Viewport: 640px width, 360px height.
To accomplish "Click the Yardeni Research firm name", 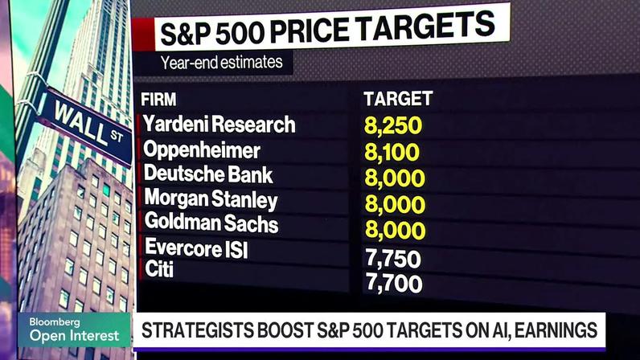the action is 219,124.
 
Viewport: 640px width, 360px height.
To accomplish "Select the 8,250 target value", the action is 393,125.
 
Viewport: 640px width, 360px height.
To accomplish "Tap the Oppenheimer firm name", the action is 202,149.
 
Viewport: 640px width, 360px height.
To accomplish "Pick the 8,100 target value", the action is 392,152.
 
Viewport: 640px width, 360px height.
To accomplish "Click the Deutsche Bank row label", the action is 208,174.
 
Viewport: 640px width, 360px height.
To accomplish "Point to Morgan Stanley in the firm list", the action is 211,199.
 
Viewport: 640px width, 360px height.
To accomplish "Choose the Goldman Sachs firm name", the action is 211,223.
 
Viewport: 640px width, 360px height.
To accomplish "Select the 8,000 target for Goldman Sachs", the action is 395,230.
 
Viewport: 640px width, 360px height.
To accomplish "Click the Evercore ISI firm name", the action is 196,247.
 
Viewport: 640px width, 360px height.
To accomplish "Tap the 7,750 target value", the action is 393,259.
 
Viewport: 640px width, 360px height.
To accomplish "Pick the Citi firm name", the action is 159,269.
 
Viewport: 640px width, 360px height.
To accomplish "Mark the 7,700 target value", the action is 394,284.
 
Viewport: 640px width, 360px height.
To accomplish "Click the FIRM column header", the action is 158,100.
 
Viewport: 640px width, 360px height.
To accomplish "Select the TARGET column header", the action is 398,99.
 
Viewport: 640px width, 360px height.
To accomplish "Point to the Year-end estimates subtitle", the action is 222,63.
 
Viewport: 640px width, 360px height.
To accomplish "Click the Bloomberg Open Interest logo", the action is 74,329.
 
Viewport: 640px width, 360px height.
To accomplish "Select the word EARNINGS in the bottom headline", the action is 556,330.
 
